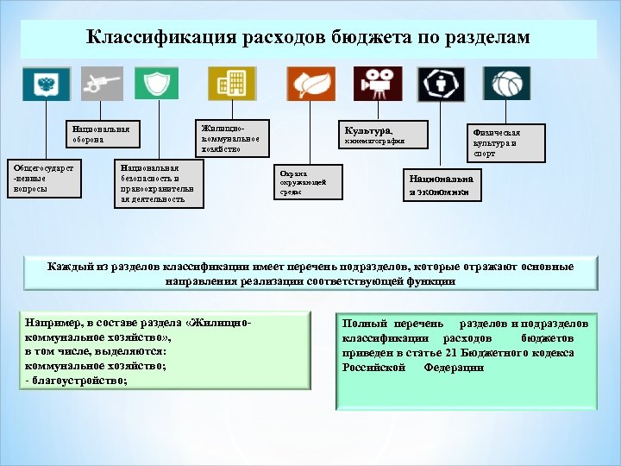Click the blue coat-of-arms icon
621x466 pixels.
(x=46, y=84)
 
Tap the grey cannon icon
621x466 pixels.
(x=103, y=84)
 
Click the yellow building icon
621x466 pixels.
(x=231, y=84)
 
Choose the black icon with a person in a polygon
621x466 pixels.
(x=441, y=84)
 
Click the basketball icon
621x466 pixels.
(x=506, y=84)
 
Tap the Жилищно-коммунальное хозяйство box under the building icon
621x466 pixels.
(x=231, y=136)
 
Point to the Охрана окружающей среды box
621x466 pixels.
(x=307, y=182)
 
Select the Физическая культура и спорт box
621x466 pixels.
(x=505, y=142)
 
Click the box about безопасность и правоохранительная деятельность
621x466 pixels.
(x=160, y=183)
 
